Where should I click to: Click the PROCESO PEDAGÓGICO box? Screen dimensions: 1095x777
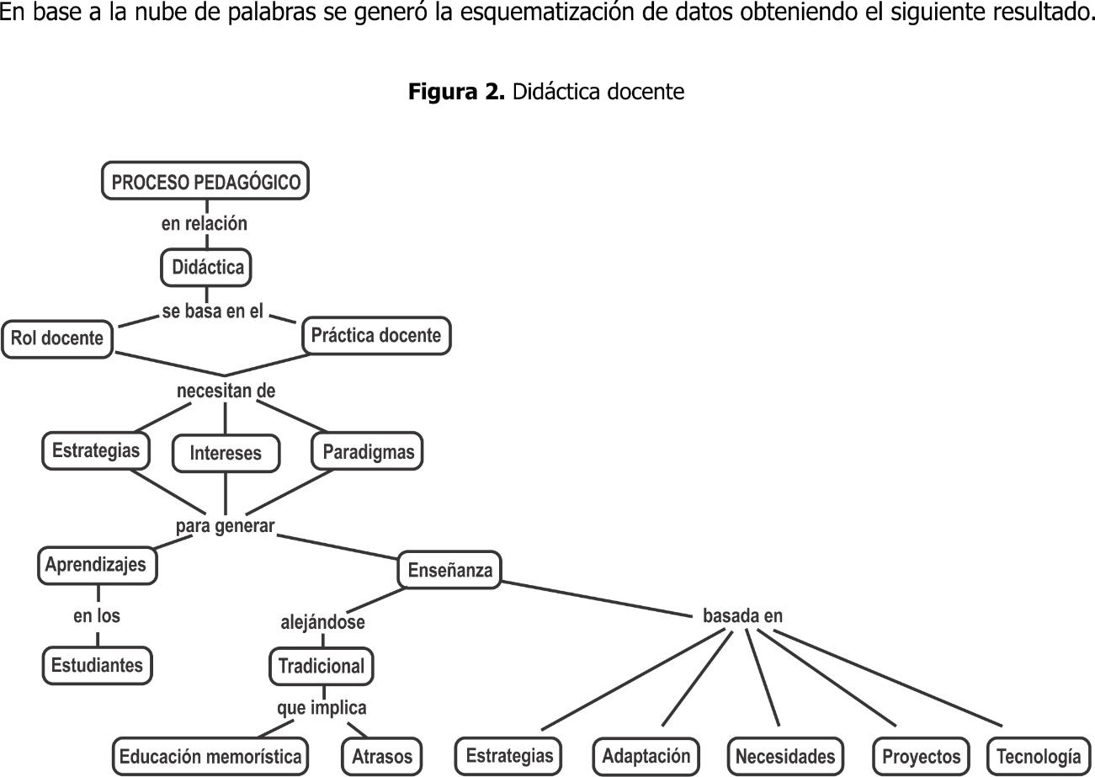(x=205, y=181)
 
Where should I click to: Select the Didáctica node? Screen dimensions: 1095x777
(x=206, y=268)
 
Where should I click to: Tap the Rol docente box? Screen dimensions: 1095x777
(x=57, y=338)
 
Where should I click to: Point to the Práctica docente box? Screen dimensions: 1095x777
(x=376, y=335)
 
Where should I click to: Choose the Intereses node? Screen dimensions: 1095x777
(x=226, y=453)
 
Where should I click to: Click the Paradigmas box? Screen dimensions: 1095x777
(x=367, y=451)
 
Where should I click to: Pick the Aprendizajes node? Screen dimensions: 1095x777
(x=98, y=565)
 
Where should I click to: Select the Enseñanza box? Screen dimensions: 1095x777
(x=449, y=570)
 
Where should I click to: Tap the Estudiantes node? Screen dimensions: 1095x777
(x=98, y=665)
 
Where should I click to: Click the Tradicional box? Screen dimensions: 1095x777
(x=322, y=666)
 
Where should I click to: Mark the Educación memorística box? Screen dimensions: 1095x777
(x=210, y=757)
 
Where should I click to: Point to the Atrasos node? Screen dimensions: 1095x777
(x=382, y=757)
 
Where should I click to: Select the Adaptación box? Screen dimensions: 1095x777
(x=646, y=756)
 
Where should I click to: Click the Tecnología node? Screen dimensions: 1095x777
(x=1039, y=757)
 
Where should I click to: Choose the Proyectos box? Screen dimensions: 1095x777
(x=921, y=757)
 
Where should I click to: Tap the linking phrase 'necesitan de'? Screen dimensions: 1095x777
(x=226, y=391)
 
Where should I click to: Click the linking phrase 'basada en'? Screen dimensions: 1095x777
(x=742, y=615)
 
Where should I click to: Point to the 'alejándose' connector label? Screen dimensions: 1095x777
(x=322, y=622)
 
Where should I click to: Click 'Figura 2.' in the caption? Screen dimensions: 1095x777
(x=456, y=92)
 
